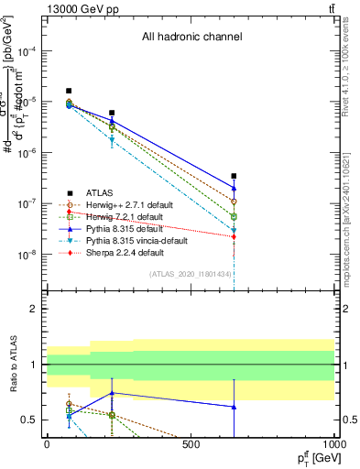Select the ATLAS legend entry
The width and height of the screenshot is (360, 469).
pos(101,193)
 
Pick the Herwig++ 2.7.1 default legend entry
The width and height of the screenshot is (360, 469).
pos(124,205)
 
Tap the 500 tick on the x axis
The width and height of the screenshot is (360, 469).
pos(191,444)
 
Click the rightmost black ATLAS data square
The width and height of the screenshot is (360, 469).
pos(234,176)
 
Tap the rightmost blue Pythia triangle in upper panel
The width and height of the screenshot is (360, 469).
pos(234,188)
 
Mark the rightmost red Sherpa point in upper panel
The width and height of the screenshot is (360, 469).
pos(234,236)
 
